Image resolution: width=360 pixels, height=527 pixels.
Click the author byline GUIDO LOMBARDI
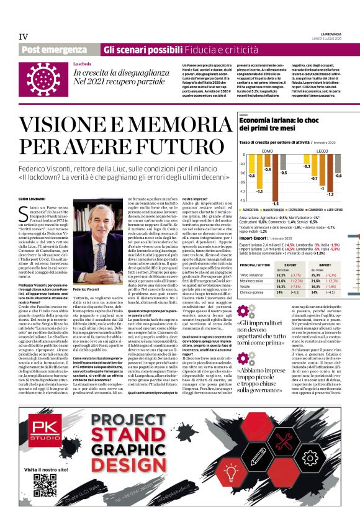pyautogui.click(x=29, y=181)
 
